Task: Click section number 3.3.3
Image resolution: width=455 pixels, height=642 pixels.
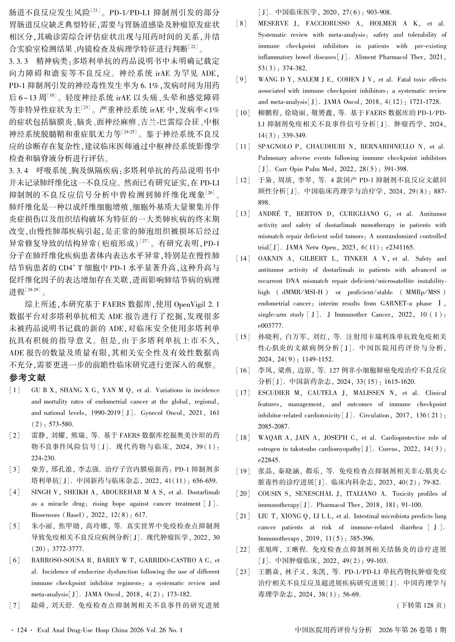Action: [x=20, y=62]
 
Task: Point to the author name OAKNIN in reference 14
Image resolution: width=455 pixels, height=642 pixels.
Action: [x=270, y=258]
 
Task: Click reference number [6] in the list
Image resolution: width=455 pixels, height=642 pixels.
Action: [x=15, y=560]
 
